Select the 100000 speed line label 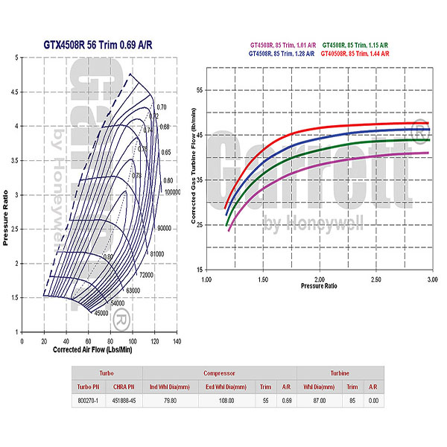[x=173, y=191]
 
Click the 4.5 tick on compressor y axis [x=12, y=92]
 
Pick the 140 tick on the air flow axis [x=177, y=341]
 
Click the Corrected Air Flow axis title [x=94, y=349]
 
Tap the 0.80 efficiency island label [x=109, y=257]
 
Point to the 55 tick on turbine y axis [x=199, y=90]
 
